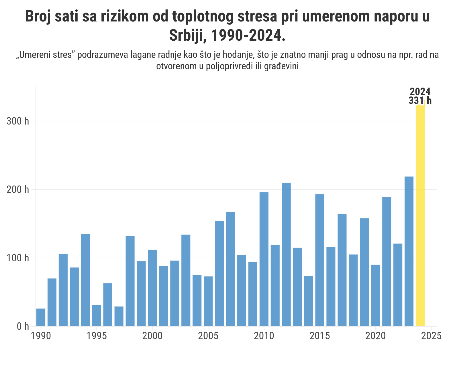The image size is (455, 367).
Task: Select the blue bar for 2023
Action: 409,251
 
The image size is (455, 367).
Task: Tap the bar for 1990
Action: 41,317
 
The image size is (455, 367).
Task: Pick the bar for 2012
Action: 286,254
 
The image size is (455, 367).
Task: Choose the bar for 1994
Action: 85,280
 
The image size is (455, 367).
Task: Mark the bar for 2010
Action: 264,259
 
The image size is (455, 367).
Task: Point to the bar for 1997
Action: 119,316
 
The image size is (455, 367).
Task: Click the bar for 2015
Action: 320,260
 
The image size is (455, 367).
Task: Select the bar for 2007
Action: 230,269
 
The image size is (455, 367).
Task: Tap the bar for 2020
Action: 376,295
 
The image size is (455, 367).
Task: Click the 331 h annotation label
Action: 420,100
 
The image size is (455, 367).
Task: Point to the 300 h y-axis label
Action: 18,121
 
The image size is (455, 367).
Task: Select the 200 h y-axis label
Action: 18,190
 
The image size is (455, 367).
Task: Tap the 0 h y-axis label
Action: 23,326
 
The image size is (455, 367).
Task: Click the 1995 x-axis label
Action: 97,336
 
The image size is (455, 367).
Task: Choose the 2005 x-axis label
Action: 208,336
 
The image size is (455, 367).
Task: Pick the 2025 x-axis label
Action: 431,336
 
